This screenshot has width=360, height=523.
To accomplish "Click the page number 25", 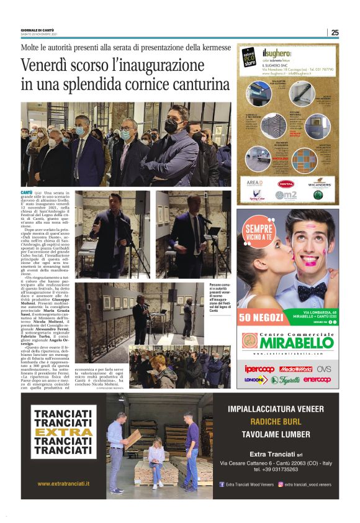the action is (335, 32).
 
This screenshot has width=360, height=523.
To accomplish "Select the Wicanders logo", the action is (319, 184).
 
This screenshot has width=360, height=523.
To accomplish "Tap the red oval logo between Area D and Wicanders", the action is (286, 184).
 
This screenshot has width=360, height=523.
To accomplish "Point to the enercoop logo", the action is (317, 380).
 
